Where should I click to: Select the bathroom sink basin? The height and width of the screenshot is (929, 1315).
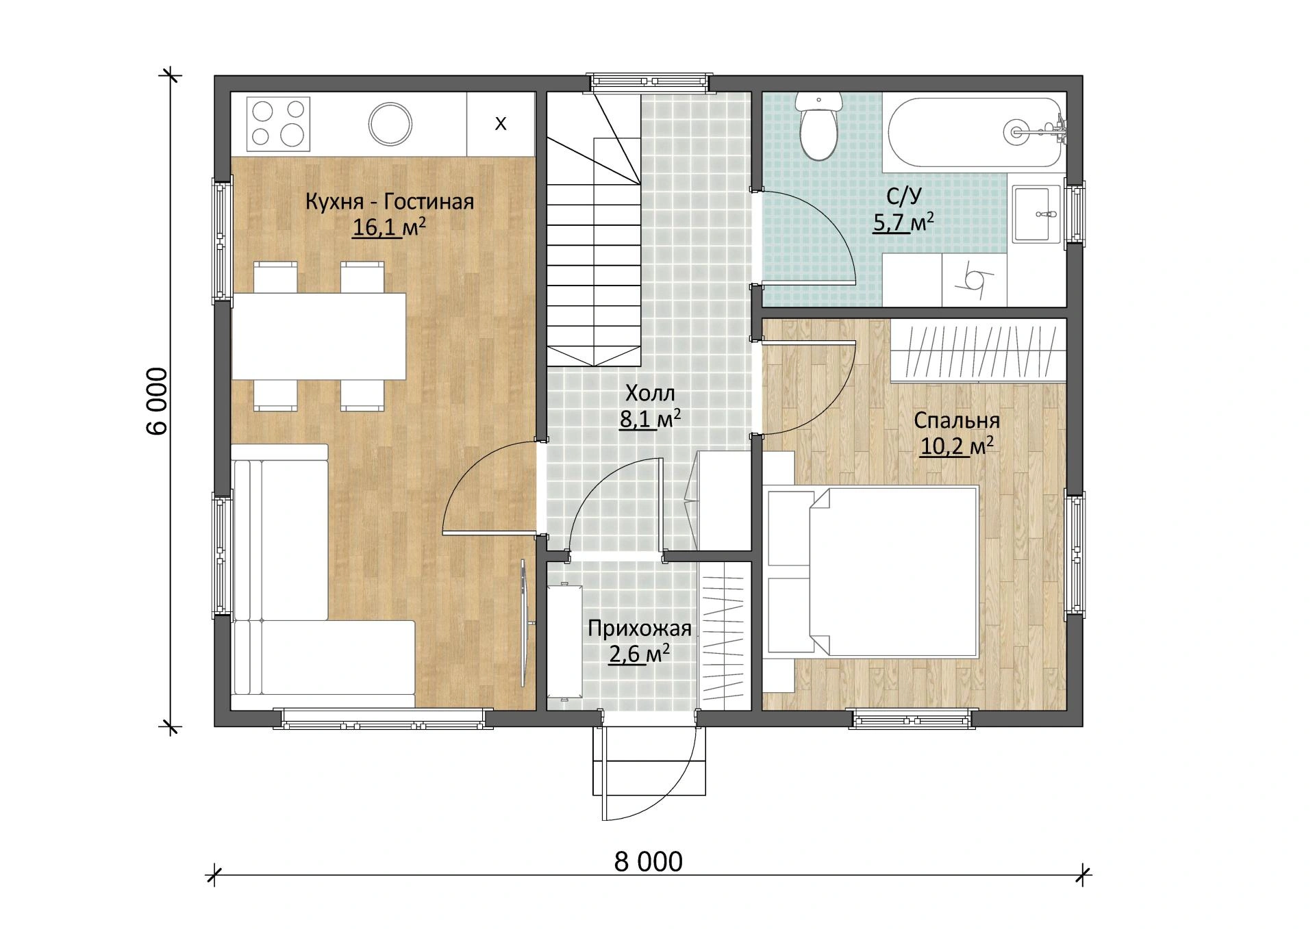pyautogui.click(x=1036, y=213)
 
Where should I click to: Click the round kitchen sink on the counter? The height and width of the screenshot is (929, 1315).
pyautogui.click(x=390, y=124)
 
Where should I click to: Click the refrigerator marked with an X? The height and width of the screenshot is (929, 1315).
pyautogui.click(x=501, y=124)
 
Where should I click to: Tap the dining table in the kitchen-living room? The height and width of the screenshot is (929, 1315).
pyautogui.click(x=318, y=336)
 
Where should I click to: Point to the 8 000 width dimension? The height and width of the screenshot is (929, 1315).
pyautogui.click(x=648, y=862)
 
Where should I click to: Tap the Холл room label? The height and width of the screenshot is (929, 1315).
pyautogui.click(x=650, y=393)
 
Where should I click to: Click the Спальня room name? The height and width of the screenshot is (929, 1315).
pyautogui.click(x=957, y=420)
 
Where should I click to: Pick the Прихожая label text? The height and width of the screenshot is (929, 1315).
pyautogui.click(x=640, y=628)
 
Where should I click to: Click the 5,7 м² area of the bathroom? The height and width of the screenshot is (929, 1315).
pyautogui.click(x=903, y=222)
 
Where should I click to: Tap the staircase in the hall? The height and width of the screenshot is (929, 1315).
pyautogui.click(x=593, y=230)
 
